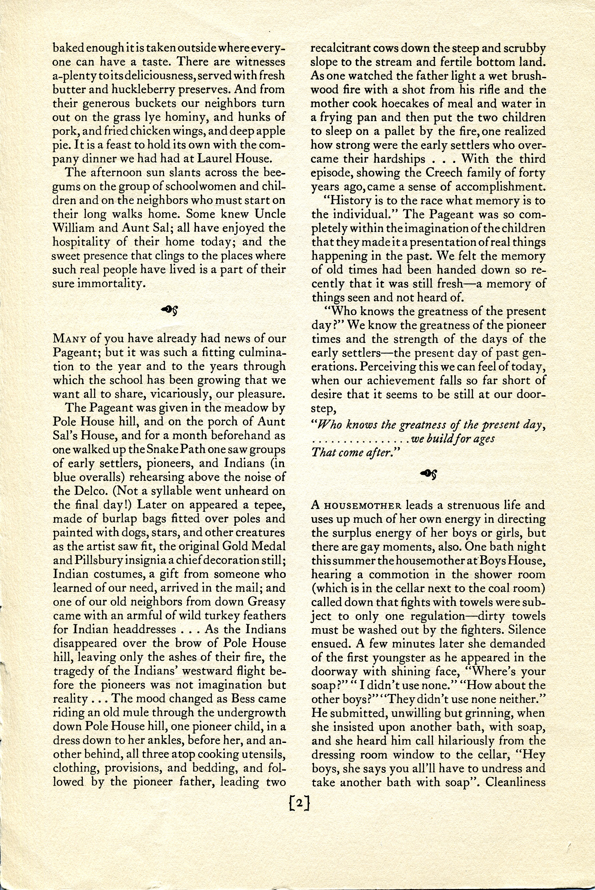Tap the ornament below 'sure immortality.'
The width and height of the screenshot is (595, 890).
pyautogui.click(x=170, y=311)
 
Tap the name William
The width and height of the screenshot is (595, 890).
pyautogui.click(x=74, y=228)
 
